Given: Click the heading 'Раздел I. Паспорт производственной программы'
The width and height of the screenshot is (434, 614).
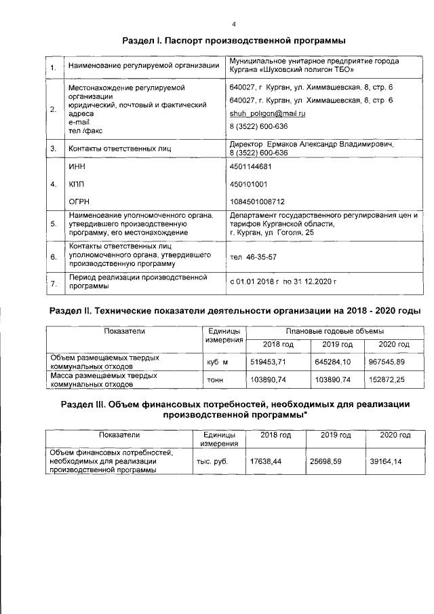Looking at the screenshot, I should point(230,42).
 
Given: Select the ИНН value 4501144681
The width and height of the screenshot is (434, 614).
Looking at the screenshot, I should point(251,166).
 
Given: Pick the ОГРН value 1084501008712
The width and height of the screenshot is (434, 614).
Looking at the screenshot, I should point(257,202).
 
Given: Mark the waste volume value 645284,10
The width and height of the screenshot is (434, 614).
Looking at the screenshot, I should point(336,362).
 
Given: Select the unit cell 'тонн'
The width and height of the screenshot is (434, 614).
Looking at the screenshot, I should point(216,380).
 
